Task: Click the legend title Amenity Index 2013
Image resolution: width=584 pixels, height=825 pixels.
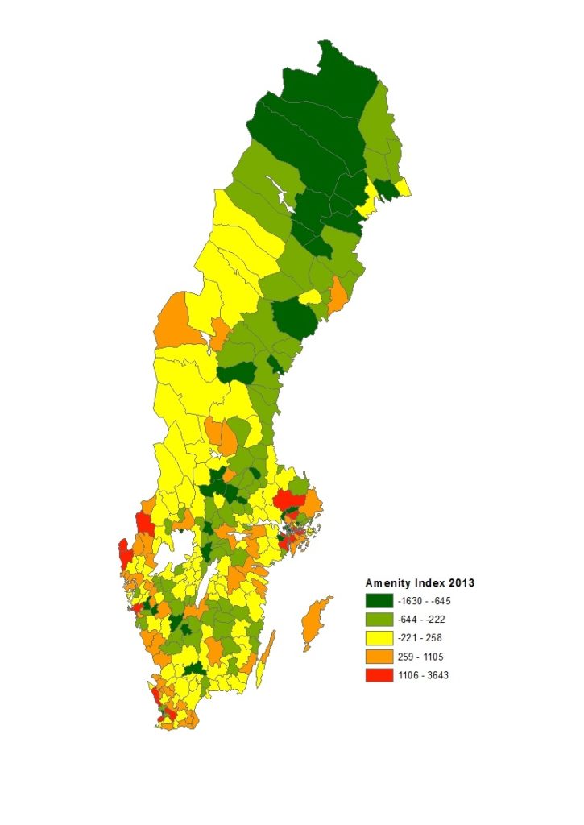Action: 419,582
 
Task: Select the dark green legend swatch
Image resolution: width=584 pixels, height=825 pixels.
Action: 379,601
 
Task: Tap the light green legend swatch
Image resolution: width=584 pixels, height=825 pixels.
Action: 379,620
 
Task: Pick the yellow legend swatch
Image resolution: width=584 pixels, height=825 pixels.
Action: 379,638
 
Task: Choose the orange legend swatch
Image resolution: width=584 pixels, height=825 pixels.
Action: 379,657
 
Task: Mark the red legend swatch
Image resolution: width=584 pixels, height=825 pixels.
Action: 379,675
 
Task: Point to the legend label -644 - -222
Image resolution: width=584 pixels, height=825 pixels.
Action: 421,620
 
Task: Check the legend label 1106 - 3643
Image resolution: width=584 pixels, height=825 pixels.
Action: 423,675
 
